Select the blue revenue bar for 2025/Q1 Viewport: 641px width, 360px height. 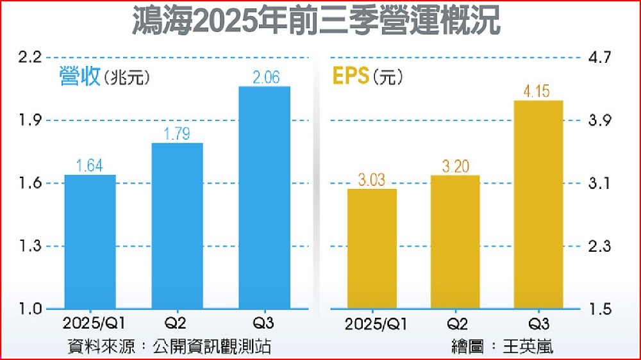pos(90,242)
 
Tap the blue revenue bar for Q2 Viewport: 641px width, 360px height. pos(177,226)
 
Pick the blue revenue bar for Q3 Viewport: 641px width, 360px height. pos(264,197)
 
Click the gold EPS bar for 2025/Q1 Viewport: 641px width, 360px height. pos(372,249)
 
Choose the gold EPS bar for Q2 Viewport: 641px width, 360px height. pos(454,242)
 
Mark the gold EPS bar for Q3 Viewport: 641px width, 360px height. pos(537,205)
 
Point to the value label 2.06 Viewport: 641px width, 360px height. pos(266,78)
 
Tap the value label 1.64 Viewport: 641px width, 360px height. pos(90,166)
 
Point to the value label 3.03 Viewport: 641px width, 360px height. pos(372,180)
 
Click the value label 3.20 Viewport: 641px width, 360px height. pos(454,167)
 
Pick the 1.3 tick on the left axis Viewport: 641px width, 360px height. pos(29,247)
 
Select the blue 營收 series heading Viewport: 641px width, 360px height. pos(79,78)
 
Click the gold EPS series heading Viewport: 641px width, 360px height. pos(350,77)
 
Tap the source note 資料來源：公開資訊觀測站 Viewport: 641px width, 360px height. pos(169,347)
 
